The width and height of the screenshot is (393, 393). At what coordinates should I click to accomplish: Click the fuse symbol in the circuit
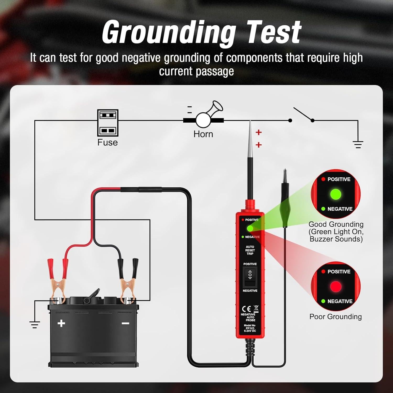pos(108,123)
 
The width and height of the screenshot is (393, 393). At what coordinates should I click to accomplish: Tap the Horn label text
pos(203,134)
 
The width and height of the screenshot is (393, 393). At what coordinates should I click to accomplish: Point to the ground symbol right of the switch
pos(358,144)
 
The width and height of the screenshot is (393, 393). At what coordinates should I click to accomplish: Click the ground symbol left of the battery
pos(34,324)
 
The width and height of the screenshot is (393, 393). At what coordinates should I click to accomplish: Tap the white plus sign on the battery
pos(61,323)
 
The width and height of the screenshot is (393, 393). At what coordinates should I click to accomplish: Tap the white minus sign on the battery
pos(125,323)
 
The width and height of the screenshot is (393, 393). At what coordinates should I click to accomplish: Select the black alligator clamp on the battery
pos(127,280)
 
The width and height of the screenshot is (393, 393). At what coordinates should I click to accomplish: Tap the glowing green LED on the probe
pos(250,228)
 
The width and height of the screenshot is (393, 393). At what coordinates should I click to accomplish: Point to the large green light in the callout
pos(336,194)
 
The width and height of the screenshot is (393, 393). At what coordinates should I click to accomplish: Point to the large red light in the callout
pos(336,286)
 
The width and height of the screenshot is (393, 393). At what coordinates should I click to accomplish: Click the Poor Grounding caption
pos(335,316)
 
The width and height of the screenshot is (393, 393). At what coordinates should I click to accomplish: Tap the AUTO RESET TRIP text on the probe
pos(250,250)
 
